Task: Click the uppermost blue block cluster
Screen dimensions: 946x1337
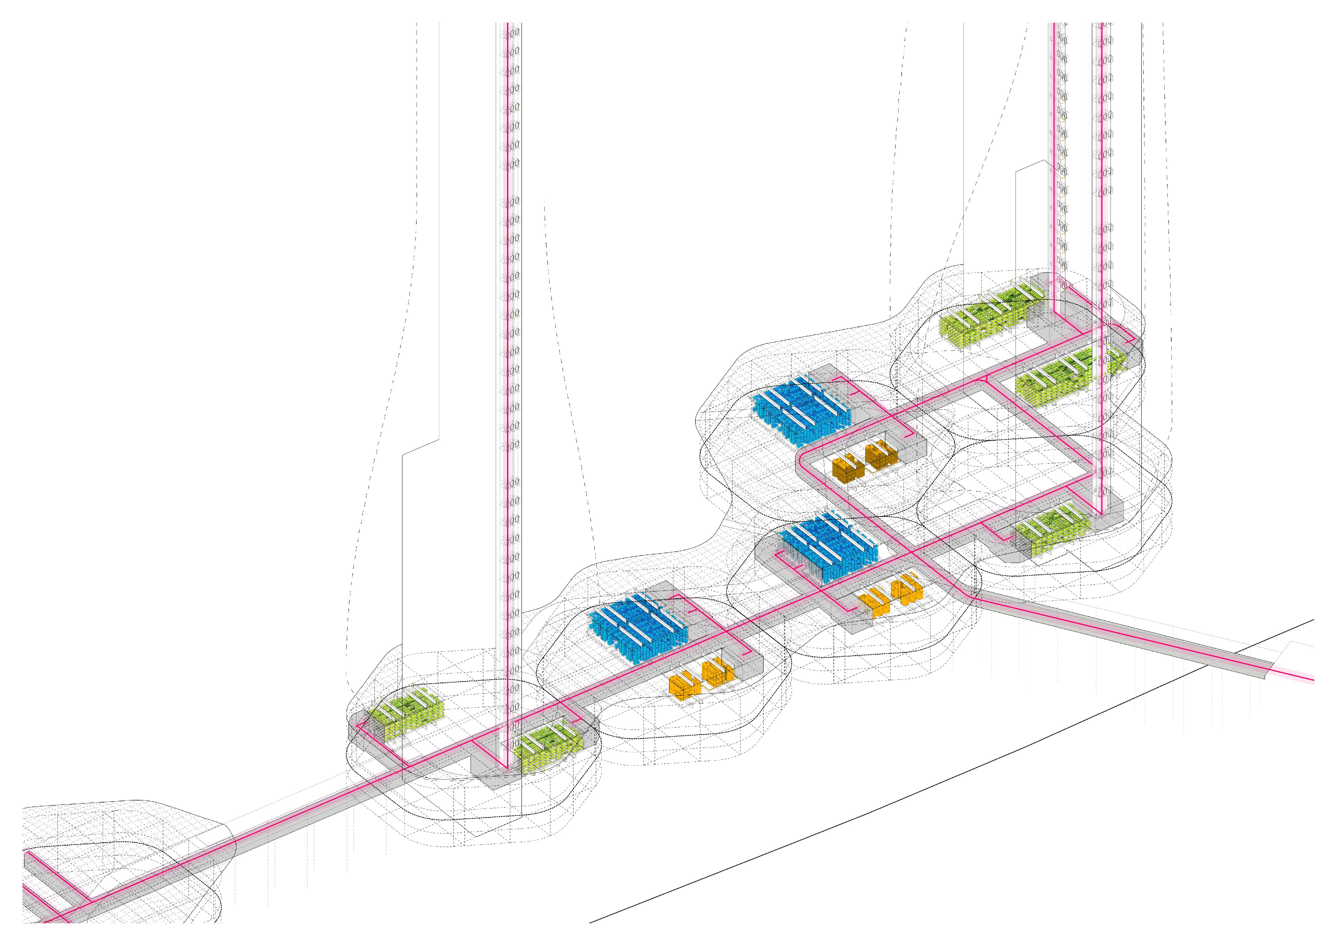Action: (x=801, y=408)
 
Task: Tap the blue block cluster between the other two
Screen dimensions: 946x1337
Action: (x=827, y=548)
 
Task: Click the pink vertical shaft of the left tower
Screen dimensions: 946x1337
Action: (x=507, y=349)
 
